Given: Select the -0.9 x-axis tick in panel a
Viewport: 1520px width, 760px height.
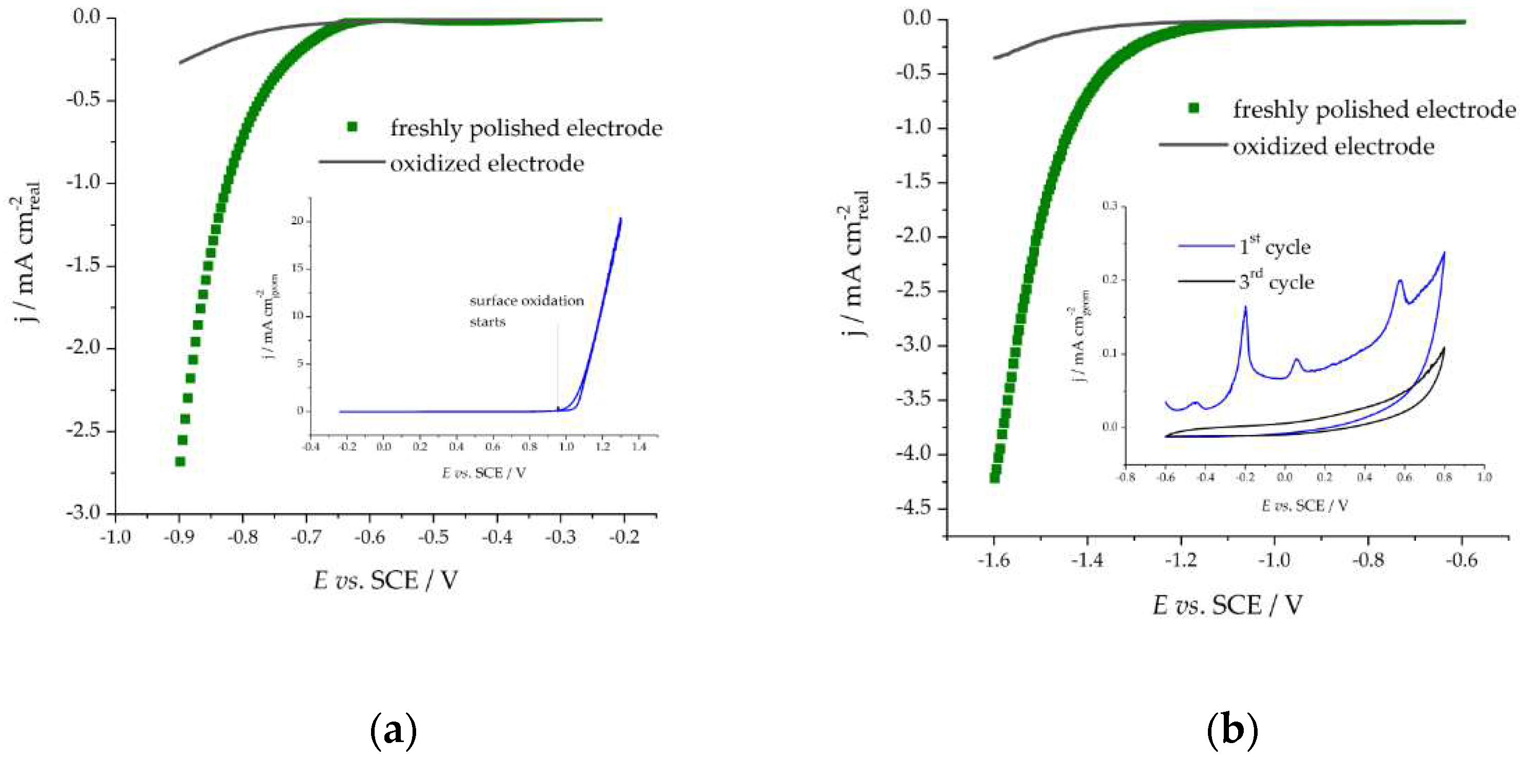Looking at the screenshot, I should (x=179, y=537).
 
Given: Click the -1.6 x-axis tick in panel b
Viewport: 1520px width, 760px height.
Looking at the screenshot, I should (x=994, y=561).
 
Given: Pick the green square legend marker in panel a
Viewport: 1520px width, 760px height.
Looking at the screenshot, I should (x=352, y=127).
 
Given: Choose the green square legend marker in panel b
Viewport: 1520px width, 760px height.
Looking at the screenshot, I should (x=1194, y=109).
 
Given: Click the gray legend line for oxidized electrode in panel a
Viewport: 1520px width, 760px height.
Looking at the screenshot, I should (x=352, y=161).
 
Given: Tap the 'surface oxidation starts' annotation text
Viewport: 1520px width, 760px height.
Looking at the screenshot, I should (x=525, y=311).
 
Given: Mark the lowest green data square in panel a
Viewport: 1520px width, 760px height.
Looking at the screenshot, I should (x=180, y=461).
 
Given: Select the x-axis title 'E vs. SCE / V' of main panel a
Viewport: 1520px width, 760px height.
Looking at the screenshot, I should (x=385, y=581).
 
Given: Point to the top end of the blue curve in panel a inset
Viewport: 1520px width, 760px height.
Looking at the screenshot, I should (x=620, y=219).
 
